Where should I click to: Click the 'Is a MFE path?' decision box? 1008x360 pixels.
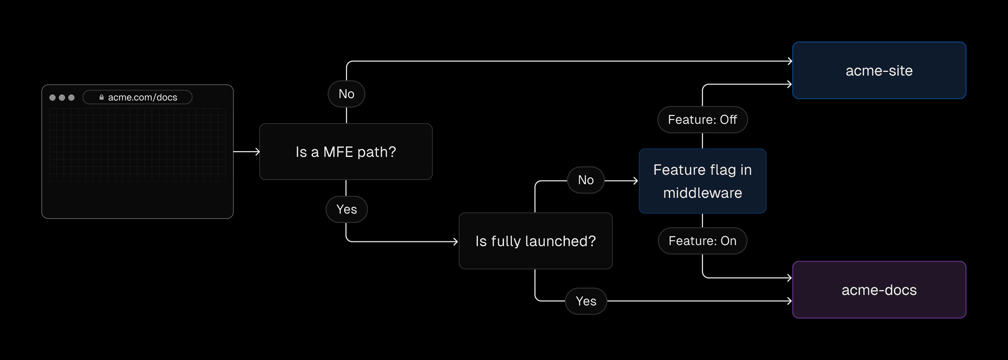pos(345,152)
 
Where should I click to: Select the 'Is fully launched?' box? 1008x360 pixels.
pos(535,241)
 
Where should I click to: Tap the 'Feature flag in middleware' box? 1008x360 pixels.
pos(702,181)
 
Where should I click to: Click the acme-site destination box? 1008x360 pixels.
pos(879,70)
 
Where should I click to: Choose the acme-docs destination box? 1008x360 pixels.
pos(879,290)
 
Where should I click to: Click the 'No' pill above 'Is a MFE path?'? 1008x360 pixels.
pos(346,94)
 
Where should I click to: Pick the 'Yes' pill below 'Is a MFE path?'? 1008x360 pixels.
pos(346,209)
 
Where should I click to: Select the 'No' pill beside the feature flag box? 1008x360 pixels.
pos(585,180)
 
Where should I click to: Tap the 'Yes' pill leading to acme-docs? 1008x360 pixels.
pos(586,301)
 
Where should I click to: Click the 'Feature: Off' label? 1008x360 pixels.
pos(702,120)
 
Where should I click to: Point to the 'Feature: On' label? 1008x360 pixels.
pos(702,241)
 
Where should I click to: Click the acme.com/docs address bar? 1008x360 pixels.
pos(138,97)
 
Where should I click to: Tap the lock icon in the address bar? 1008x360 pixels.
pos(101,97)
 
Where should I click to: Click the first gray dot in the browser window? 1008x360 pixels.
pos(52,98)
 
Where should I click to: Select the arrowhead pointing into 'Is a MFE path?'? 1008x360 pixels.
pos(257,152)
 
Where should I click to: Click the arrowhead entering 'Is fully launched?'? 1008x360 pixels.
pos(456,241)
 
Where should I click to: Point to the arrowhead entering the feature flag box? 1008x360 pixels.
pos(635,181)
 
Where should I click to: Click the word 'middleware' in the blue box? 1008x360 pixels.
pos(702,193)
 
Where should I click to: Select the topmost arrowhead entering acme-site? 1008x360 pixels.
pos(790,61)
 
